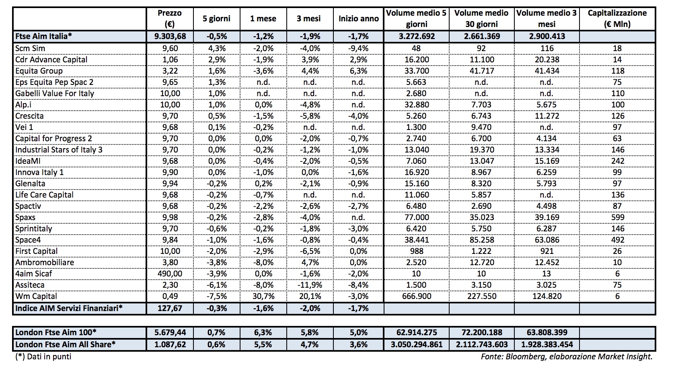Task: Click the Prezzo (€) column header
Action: [169, 19]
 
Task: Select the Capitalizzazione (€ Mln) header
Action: [617, 19]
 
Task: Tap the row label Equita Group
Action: [39, 71]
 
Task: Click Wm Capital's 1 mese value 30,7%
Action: [263, 296]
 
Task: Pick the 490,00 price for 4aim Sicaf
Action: [169, 274]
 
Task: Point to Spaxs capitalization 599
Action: [617, 217]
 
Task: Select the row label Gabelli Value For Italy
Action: [55, 93]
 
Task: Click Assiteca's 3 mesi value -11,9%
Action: [310, 285]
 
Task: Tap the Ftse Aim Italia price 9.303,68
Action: [169, 36]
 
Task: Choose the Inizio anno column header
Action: [358, 19]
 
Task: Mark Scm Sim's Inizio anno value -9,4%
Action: [358, 48]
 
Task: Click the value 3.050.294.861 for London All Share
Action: [416, 344]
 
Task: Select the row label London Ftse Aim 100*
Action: [56, 333]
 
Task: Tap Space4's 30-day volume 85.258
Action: [481, 240]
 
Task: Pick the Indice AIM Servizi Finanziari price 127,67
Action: [169, 308]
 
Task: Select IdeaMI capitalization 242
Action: [617, 161]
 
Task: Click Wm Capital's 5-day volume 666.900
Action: [416, 296]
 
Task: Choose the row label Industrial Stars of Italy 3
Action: [59, 150]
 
